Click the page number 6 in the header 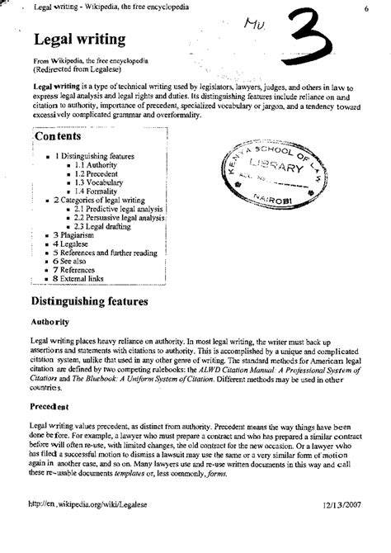pyautogui.click(x=365, y=8)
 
